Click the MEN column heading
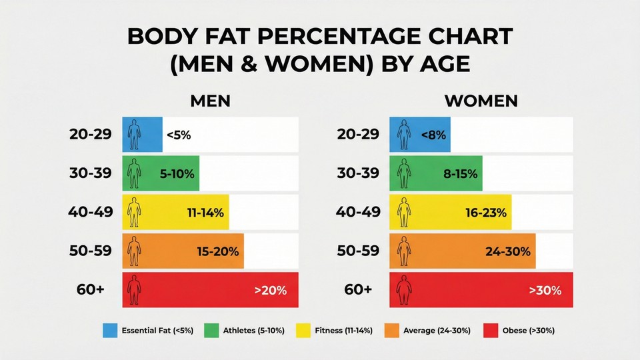tap(210, 101)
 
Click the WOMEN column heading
tap(481, 101)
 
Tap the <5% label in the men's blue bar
tap(178, 135)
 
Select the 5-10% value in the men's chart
tap(177, 174)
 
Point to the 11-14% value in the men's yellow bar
tap(205, 213)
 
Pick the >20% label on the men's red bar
tap(270, 290)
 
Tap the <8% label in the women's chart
tap(433, 135)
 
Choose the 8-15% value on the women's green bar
tap(461, 174)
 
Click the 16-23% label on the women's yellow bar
tap(486, 213)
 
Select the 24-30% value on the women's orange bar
tap(509, 251)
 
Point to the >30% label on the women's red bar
tap(545, 290)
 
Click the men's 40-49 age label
tap(91, 213)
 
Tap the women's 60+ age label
tap(358, 290)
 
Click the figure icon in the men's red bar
tap(135, 290)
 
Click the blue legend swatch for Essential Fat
tap(110, 330)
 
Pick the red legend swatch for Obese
tap(491, 330)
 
